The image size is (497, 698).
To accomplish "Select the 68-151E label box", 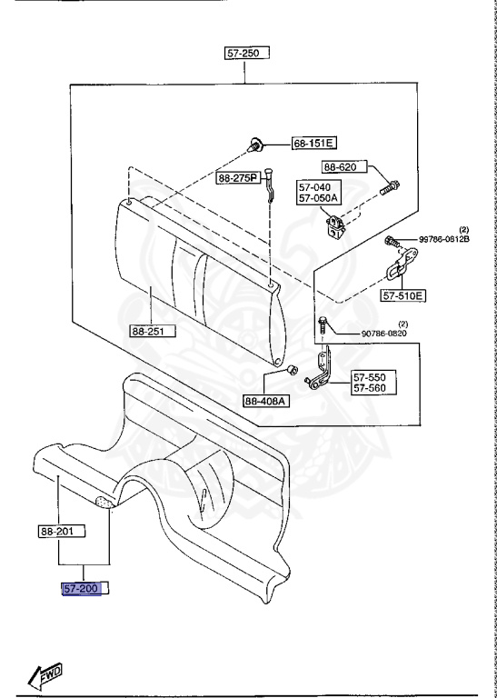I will tap(313, 144).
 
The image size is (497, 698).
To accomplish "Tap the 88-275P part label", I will tap(238, 178).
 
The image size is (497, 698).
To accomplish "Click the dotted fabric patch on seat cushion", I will tap(104, 501).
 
